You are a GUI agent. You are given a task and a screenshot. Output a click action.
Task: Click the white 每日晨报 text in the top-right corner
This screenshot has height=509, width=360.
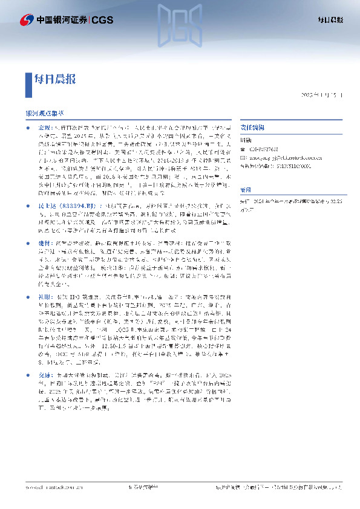[x=331, y=20]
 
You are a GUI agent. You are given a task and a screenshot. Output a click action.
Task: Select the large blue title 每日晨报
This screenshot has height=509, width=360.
[x=55, y=79]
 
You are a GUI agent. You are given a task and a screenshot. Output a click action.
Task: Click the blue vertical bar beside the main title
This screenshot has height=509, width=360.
[x=28, y=79]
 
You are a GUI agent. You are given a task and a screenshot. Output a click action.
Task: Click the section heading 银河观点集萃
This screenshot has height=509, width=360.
[x=45, y=113]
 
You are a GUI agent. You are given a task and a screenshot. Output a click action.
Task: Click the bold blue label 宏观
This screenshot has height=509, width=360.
[x=43, y=129]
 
